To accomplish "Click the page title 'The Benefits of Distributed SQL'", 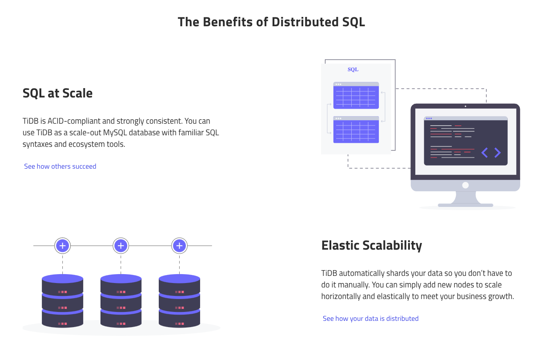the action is (x=271, y=22).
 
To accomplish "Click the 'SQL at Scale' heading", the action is (x=58, y=93).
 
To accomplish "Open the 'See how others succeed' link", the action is (x=60, y=166).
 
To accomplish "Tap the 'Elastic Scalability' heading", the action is (x=371, y=246).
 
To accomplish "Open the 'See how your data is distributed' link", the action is (x=370, y=319).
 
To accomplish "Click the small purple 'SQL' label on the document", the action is (x=353, y=69).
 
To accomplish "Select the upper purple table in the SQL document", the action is (x=356, y=95).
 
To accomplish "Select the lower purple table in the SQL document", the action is (x=356, y=129).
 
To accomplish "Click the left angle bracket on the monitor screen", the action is (x=485, y=153).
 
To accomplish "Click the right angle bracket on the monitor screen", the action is (x=498, y=153).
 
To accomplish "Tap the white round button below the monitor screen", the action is (x=465, y=185).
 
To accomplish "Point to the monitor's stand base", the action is (x=465, y=205).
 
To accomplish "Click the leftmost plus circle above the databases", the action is (x=63, y=246).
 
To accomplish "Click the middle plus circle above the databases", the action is (x=121, y=246).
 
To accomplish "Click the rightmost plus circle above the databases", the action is (x=179, y=246).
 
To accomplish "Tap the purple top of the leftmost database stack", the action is (x=63, y=279).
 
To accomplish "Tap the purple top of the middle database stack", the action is (x=121, y=279).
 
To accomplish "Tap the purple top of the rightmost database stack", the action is (x=179, y=279).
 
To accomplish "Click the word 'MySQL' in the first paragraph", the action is (x=115, y=133).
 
